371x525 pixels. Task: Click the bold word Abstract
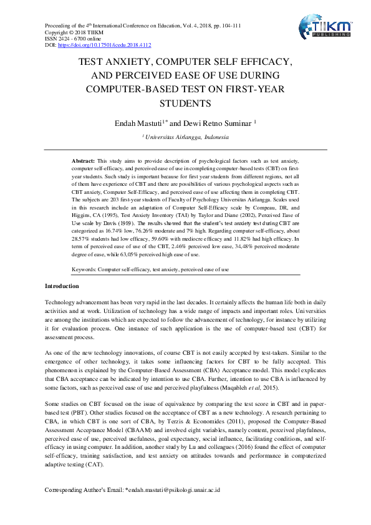pos(84,161)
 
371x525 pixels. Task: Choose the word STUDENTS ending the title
pos(185,103)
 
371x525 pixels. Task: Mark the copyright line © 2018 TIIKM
pos(69,32)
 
